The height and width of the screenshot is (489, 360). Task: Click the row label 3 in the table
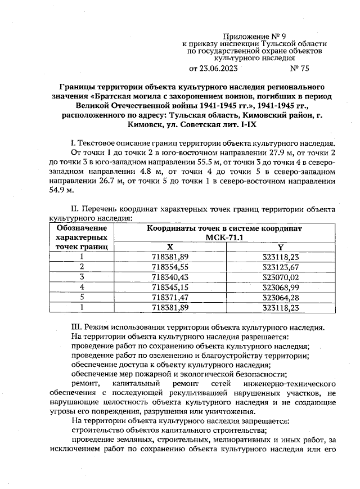point(82,277)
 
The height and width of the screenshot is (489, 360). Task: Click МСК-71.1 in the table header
point(224,237)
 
